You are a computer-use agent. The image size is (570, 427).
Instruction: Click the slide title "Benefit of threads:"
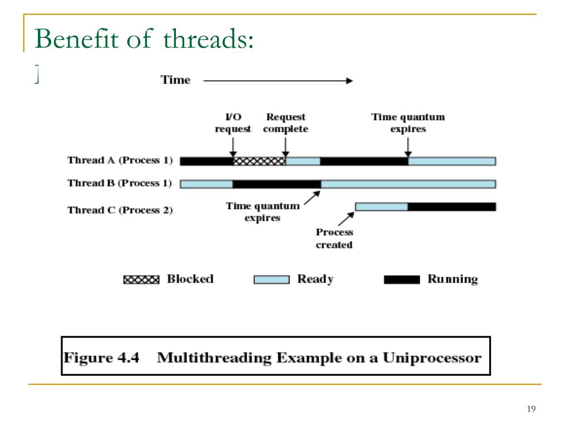coord(144,41)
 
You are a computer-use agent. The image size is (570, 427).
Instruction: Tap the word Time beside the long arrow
coord(175,80)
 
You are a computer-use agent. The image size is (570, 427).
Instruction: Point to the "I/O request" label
coord(233,123)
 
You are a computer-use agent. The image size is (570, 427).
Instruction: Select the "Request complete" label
coord(286,123)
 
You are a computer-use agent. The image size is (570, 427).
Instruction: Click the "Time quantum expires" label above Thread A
coord(408,123)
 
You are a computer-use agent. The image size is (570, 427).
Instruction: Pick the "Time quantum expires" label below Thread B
coord(262,212)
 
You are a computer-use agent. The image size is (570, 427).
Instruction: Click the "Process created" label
coord(334,239)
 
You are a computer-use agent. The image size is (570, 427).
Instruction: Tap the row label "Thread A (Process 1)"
coord(120,161)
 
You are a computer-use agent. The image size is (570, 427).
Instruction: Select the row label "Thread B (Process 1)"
coord(120,183)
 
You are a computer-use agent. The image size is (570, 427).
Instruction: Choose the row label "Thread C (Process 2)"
coord(120,210)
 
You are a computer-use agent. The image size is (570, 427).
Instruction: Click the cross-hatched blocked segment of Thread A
coord(259,161)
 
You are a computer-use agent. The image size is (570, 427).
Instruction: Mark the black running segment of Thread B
coord(277,184)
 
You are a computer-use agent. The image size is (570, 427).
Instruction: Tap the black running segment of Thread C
coord(451,207)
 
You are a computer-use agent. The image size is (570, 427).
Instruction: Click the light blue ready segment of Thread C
coord(381,207)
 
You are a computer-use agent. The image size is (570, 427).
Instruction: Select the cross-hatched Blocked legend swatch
coord(141,280)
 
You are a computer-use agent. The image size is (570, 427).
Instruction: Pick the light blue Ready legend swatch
coord(272,280)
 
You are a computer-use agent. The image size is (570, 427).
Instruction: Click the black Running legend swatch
coord(401,280)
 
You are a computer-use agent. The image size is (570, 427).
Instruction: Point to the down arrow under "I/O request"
coord(233,147)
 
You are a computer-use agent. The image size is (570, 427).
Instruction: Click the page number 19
coord(530,410)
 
